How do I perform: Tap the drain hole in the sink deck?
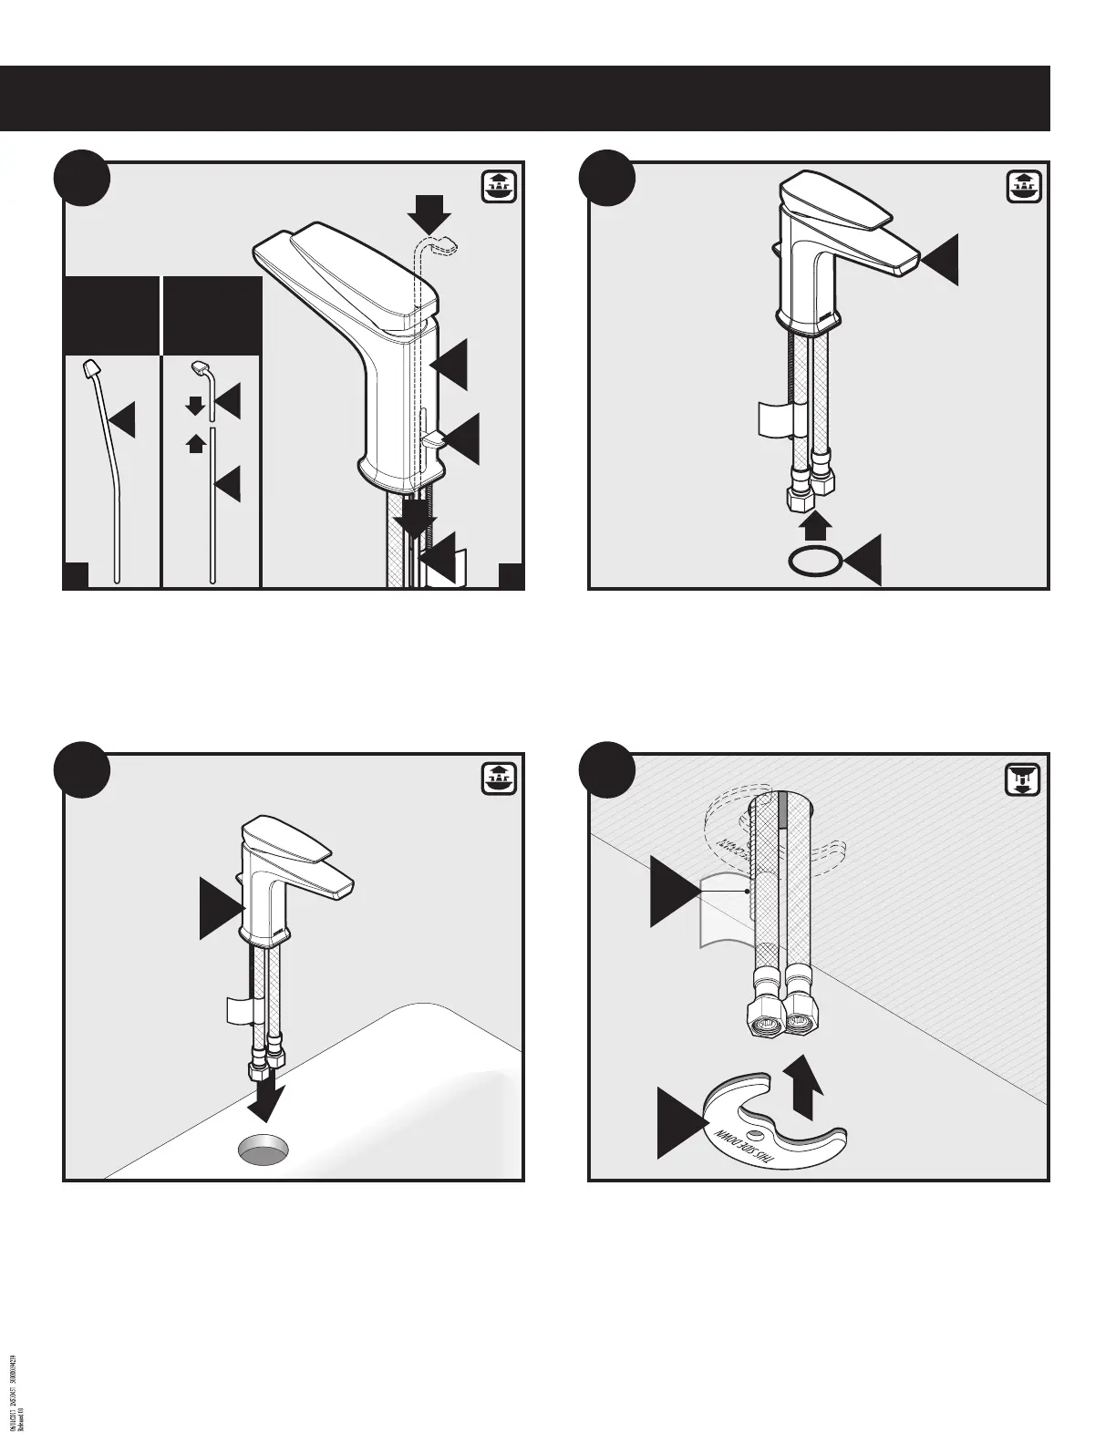tap(265, 1150)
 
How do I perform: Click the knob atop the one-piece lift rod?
tap(92, 367)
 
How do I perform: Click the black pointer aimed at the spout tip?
tap(942, 258)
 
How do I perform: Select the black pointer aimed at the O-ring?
tap(864, 560)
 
